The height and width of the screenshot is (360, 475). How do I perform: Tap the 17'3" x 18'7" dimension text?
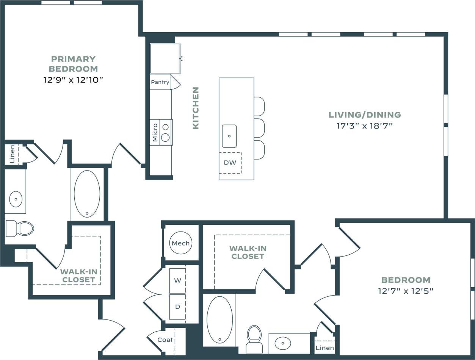pos(364,126)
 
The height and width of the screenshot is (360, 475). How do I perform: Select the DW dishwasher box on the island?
pos(230,163)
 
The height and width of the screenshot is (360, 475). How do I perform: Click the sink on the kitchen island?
pos(229,136)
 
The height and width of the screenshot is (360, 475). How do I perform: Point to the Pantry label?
pos(160,82)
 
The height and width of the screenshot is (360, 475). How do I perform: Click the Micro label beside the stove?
pos(155,132)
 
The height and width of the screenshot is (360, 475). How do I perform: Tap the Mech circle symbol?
pos(181,243)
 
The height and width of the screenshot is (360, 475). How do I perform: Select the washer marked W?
pos(177,281)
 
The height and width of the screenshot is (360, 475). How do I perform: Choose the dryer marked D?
pos(177,307)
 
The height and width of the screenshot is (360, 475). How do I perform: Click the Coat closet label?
pos(165,340)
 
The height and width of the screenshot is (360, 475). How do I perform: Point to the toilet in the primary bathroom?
pos(20,228)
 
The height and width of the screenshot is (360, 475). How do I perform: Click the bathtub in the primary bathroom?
pos(87,194)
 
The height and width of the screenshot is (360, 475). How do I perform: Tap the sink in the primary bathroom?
pos(16,199)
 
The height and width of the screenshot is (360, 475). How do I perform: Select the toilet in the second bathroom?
pos(254,338)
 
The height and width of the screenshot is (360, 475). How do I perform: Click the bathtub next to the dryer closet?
pos(220,319)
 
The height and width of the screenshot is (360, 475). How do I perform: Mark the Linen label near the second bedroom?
pos(325,347)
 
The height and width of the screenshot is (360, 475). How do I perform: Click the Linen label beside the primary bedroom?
pos(12,154)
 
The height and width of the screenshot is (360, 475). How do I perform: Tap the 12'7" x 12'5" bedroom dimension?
pos(406,291)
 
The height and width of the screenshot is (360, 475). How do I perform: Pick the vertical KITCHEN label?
pos(196,108)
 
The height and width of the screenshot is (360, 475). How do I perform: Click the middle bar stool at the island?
pos(259,128)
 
